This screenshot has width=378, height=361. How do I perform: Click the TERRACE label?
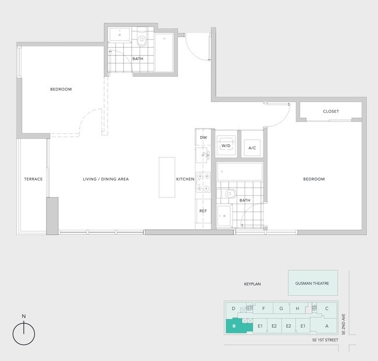point(33,179)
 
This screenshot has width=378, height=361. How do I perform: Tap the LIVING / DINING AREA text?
point(105,179)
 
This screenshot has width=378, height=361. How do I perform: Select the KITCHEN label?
point(185,179)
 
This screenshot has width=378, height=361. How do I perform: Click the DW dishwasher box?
point(204,137)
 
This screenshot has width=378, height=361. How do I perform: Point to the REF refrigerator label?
point(204,211)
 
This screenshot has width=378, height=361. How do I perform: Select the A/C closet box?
point(252,148)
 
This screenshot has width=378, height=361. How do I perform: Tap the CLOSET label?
point(331,111)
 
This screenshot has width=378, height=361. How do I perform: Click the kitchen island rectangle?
point(167,177)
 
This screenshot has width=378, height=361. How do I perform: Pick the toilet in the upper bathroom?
point(141,40)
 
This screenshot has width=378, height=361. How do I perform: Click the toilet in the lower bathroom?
point(230,194)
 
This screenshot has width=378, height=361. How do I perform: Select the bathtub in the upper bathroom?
point(163,53)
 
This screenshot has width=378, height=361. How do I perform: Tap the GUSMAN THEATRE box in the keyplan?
point(312,283)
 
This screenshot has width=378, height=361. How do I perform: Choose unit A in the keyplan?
point(327,326)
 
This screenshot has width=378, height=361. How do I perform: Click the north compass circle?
point(24,334)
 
